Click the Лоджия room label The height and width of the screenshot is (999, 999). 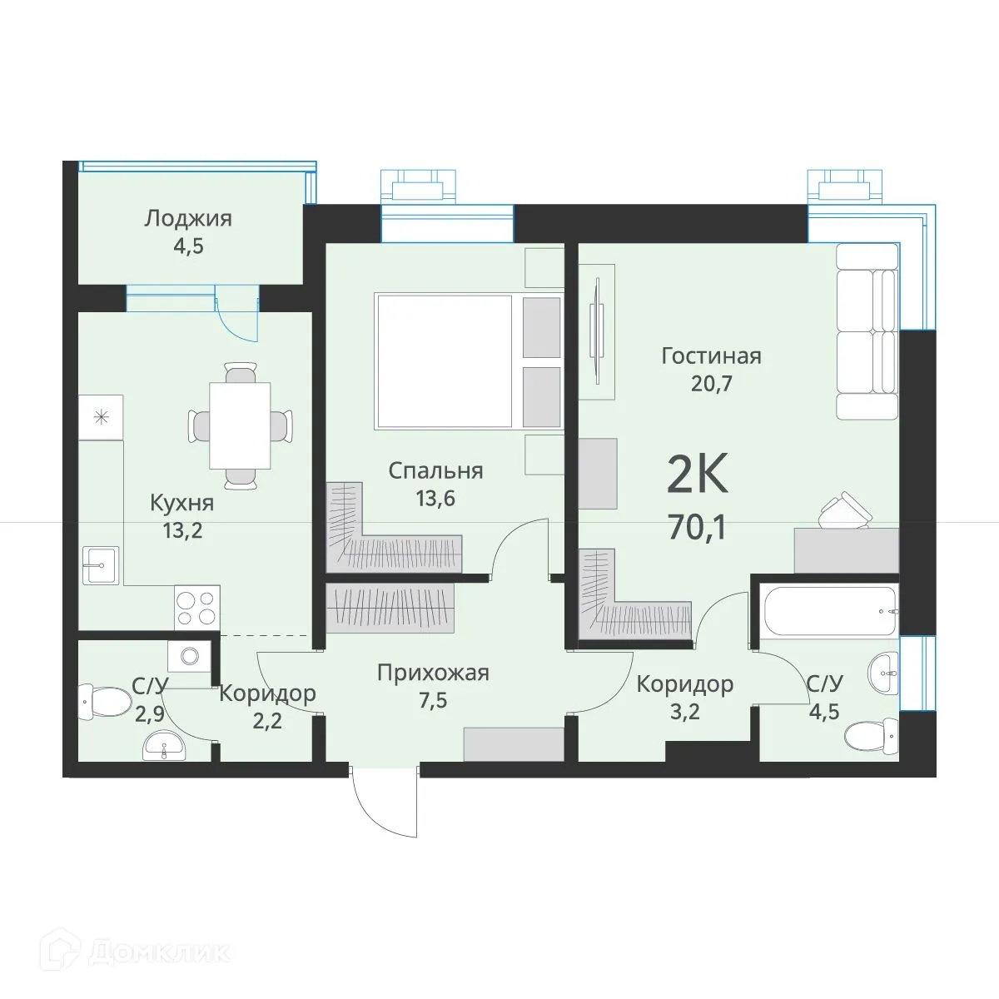pyautogui.click(x=188, y=219)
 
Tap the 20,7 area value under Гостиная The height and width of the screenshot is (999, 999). pyautogui.click(x=711, y=384)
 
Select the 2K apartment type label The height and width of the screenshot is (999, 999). pyautogui.click(x=698, y=474)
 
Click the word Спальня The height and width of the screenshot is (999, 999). pyautogui.click(x=435, y=471)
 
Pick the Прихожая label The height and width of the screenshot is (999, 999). pyautogui.click(x=433, y=673)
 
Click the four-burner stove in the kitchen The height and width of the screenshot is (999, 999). pyautogui.click(x=197, y=608)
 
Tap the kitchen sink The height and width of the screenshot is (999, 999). pyautogui.click(x=101, y=565)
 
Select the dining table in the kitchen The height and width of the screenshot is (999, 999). pyautogui.click(x=240, y=425)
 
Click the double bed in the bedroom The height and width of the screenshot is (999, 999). pyautogui.click(x=469, y=362)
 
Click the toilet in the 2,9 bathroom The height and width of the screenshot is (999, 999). pyautogui.click(x=104, y=703)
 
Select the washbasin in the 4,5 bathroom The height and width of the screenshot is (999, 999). pyautogui.click(x=883, y=673)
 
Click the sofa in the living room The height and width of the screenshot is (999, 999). pyautogui.click(x=867, y=331)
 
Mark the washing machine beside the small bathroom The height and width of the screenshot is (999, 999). pyautogui.click(x=189, y=656)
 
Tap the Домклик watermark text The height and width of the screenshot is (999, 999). pyautogui.click(x=159, y=952)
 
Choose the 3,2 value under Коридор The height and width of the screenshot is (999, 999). pyautogui.click(x=685, y=712)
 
